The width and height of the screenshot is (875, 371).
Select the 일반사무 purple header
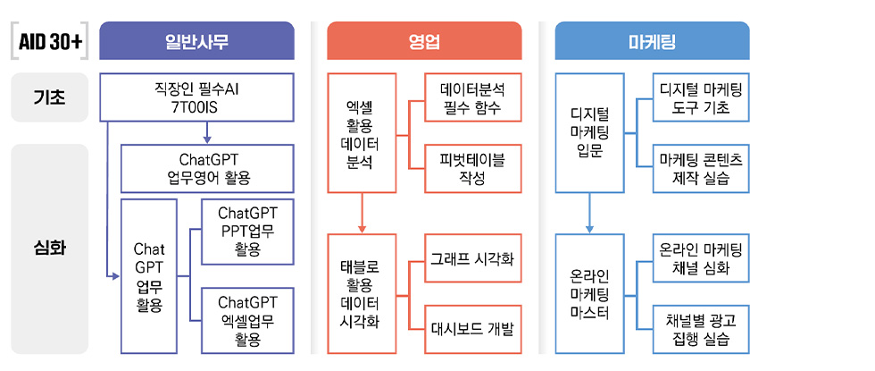pos(197,41)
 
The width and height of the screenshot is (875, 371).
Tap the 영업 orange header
pos(424,41)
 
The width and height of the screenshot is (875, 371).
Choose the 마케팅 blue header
pos(652,41)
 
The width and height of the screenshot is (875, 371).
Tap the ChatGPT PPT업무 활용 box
pos(247,231)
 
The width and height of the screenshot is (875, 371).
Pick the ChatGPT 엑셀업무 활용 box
pos(247,320)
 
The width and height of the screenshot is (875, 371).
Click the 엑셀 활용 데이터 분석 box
pos(362,133)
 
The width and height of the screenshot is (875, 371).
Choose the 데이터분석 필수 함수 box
pos(472,98)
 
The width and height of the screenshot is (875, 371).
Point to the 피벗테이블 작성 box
pos(472,168)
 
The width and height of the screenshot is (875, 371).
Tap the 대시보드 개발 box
pos(472,328)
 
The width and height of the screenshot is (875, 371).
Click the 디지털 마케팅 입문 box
pos(589,133)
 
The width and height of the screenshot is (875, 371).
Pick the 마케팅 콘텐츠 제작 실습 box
pos(701,168)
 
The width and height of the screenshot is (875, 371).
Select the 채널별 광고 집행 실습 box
pos(701,328)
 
